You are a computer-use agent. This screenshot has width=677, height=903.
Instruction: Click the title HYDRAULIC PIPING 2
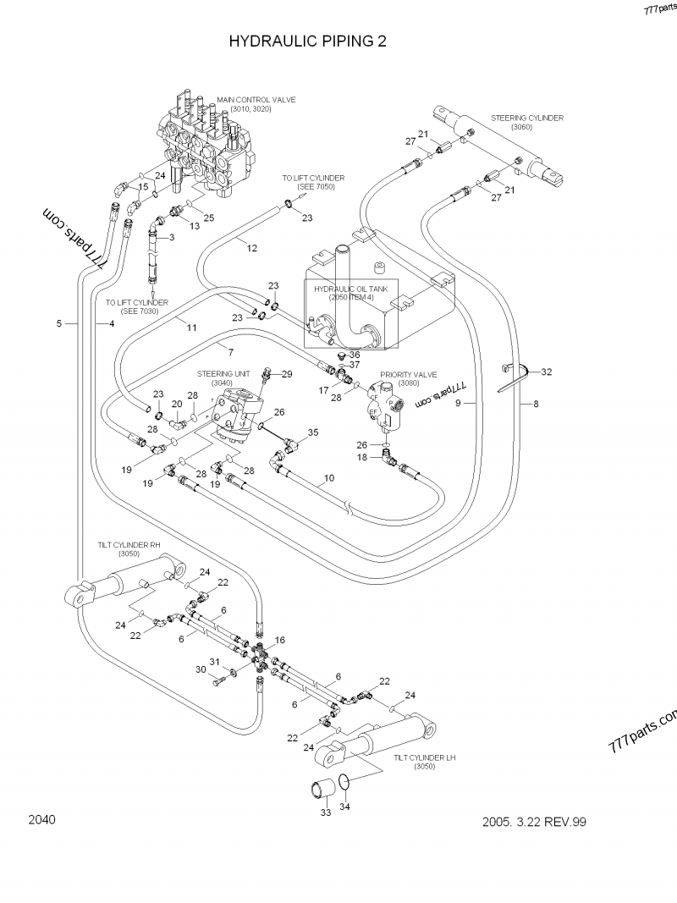click(x=308, y=41)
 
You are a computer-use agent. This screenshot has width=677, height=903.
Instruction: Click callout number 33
click(x=325, y=812)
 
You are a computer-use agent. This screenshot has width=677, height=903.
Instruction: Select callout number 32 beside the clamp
click(x=546, y=371)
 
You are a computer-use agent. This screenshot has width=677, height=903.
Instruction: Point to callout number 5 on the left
click(x=58, y=323)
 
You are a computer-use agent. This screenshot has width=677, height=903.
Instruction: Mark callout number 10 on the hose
click(x=329, y=478)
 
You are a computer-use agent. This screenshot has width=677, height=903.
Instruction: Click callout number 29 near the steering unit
click(x=287, y=374)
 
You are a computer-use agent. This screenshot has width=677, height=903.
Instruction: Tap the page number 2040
click(x=41, y=819)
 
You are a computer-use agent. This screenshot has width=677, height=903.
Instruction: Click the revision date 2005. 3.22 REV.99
click(x=534, y=821)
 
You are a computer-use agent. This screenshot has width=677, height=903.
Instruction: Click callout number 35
click(x=313, y=432)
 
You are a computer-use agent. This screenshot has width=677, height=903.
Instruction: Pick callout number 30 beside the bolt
click(x=201, y=669)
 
